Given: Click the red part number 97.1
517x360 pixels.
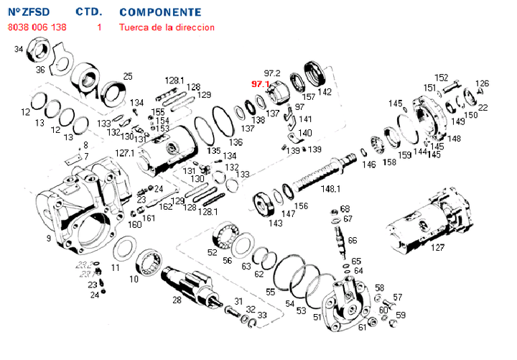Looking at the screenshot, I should click(259, 84).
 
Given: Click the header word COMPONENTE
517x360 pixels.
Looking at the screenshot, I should click(160, 13).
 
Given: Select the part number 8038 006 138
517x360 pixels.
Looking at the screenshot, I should click(37, 27).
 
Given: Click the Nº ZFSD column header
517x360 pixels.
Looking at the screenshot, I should click(27, 13).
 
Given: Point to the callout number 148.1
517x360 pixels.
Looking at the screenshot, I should click(330, 190).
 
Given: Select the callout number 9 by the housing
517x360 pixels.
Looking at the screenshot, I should click(48, 239).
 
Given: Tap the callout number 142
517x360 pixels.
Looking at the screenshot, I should click(325, 92).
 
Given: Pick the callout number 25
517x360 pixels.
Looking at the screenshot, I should click(128, 76).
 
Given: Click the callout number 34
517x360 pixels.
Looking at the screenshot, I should click(19, 50).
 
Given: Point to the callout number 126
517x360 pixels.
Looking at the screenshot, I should click(483, 83).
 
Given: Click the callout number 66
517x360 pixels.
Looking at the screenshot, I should click(352, 240).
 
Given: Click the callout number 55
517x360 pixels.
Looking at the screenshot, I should click(270, 292).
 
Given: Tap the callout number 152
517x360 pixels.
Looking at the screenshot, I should click(442, 78).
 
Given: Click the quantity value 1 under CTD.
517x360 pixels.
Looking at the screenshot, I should click(99, 27).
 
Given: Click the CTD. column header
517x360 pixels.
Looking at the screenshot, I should click(89, 13).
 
